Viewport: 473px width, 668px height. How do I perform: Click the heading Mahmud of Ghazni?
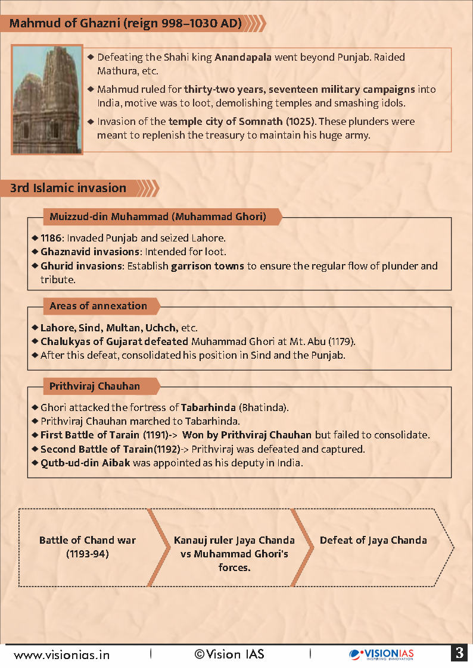tap(126, 24)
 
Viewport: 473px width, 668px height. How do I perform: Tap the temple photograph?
tap(48, 100)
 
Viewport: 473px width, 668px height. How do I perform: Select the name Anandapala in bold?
tap(242, 58)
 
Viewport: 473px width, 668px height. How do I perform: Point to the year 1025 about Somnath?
tap(302, 121)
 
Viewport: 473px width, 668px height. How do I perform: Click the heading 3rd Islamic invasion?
tap(68, 188)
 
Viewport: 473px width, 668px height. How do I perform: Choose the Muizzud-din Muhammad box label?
tap(157, 217)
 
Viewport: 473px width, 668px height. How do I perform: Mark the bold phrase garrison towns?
tap(207, 266)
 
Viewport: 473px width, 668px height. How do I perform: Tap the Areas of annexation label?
tap(98, 306)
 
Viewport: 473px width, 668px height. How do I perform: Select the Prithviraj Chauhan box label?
tap(95, 386)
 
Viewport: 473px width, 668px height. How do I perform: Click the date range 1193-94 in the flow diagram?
tap(88, 554)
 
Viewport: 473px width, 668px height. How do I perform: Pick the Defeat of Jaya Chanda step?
tap(374, 541)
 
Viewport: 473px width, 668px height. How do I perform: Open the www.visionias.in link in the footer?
tap(62, 654)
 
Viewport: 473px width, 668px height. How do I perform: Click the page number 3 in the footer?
tap(459, 653)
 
